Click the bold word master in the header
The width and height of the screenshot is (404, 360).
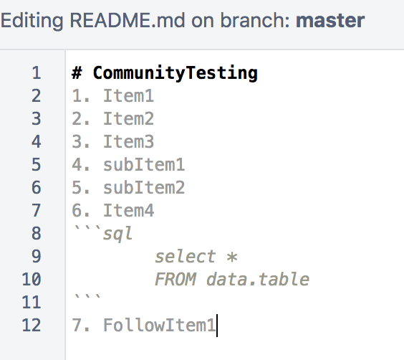point(330,20)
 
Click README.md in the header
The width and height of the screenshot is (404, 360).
point(128,20)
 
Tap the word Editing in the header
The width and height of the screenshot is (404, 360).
point(32,21)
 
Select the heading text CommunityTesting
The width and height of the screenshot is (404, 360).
point(175,73)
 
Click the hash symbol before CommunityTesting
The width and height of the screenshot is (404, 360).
point(77,72)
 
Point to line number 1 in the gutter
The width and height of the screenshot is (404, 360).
point(37,72)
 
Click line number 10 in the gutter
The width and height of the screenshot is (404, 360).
point(32,279)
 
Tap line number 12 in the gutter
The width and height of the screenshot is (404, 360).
point(32,325)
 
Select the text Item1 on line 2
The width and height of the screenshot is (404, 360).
point(128,96)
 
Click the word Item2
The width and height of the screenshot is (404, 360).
point(128,119)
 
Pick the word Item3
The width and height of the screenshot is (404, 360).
point(128,142)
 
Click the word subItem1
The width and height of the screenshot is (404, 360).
point(144,164)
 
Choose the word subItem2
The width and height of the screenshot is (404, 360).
point(144,187)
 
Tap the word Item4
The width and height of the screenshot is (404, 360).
point(128,210)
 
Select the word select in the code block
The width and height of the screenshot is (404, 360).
point(186,256)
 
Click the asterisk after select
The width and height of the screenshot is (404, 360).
point(232,257)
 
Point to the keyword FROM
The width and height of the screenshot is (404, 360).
point(175,279)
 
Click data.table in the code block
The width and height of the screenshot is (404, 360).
point(258,279)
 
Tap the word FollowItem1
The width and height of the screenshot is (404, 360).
point(160,325)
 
